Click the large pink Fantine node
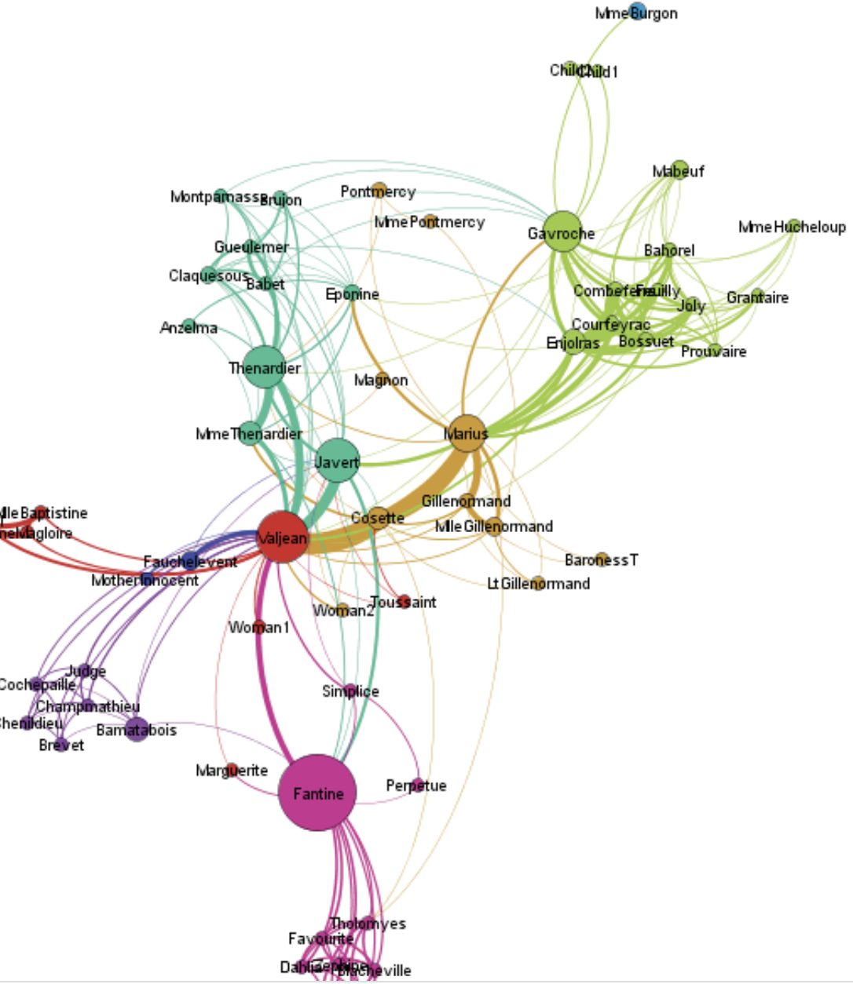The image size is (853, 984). click(317, 793)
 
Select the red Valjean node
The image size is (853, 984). click(282, 538)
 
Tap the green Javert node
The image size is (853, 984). click(337, 461)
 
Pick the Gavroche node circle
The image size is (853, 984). click(562, 231)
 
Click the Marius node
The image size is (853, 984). click(467, 433)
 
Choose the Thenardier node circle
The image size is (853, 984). click(264, 366)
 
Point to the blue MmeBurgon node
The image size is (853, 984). click(638, 12)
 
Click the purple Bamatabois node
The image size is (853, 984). click(137, 729)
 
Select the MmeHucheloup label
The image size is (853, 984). click(792, 228)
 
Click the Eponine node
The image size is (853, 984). click(353, 293)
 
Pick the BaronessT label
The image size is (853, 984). click(601, 560)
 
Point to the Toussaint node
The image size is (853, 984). click(404, 602)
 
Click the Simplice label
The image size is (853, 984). click(350, 691)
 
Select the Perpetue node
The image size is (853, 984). click(418, 784)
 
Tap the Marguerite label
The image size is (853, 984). click(232, 771)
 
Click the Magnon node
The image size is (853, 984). click(383, 378)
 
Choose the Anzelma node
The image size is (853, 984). click(189, 325)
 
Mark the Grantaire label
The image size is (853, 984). click(757, 297)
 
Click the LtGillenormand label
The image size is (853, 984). click(539, 584)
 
